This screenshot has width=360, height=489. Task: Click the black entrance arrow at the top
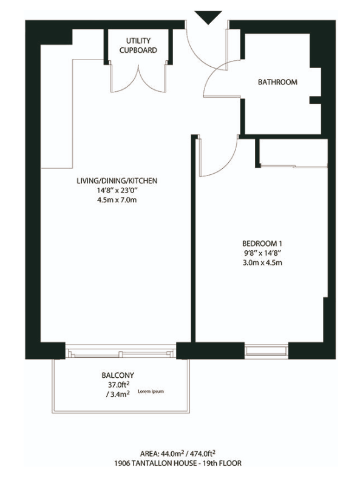[208, 16]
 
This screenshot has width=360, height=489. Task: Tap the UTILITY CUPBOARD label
[138, 45]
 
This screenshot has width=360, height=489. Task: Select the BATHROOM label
[277, 82]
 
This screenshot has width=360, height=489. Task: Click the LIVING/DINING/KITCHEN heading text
[117, 180]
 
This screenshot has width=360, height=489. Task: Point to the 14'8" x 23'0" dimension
[117, 190]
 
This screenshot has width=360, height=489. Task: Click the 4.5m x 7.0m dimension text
[117, 200]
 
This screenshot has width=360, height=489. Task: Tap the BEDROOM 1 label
[262, 243]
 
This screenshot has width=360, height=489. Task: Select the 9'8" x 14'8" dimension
[262, 253]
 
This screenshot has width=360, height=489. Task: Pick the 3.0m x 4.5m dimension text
[262, 262]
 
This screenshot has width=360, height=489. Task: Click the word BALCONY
[118, 375]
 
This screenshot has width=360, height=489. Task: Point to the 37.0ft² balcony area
[118, 385]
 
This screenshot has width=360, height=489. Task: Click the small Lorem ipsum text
[151, 391]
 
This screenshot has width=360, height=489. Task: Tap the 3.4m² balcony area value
[118, 394]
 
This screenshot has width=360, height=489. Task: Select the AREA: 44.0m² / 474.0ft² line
[178, 453]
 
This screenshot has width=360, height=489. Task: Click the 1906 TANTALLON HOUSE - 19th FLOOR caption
[178, 463]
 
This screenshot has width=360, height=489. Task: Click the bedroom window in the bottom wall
[266, 351]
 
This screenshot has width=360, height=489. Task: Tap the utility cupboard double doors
[138, 78]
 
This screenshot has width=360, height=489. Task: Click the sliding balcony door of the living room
[121, 352]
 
